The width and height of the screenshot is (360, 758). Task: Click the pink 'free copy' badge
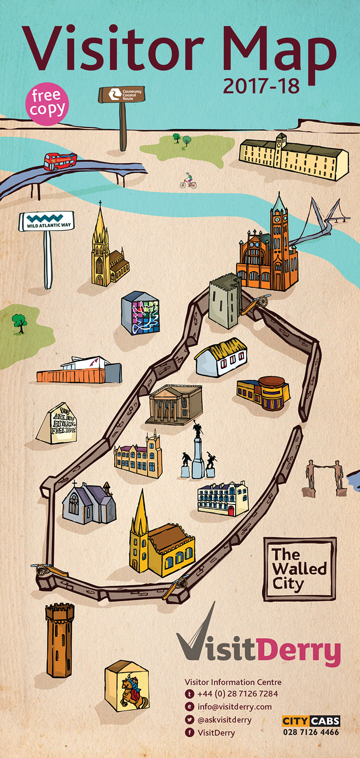(47, 103)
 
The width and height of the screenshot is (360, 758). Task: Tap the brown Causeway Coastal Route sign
(122, 94)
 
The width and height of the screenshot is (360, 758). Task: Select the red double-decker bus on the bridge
(60, 161)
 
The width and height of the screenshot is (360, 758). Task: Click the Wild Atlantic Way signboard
(46, 222)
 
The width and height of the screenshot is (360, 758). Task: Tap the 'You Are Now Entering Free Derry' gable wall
(57, 423)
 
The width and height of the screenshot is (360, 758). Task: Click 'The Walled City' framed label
(300, 569)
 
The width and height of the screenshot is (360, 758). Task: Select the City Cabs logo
(311, 721)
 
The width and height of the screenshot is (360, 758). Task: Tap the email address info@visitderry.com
(234, 707)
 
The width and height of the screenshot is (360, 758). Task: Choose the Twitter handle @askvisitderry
(224, 720)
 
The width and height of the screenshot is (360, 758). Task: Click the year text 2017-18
(261, 86)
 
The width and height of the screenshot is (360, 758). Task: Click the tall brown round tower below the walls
(59, 640)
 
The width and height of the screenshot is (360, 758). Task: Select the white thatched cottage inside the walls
(221, 358)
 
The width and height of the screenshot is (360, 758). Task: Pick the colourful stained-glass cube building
(141, 313)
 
